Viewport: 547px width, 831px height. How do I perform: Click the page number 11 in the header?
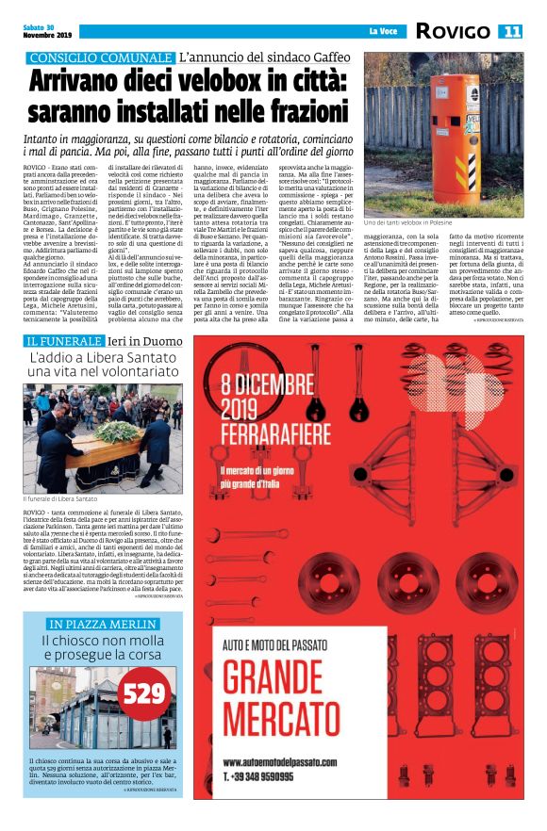click(511, 31)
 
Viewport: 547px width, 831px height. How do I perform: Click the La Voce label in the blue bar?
click(382, 32)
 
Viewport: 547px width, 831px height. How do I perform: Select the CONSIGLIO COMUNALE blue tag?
click(98, 58)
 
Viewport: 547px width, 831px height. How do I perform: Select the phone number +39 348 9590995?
click(266, 775)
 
